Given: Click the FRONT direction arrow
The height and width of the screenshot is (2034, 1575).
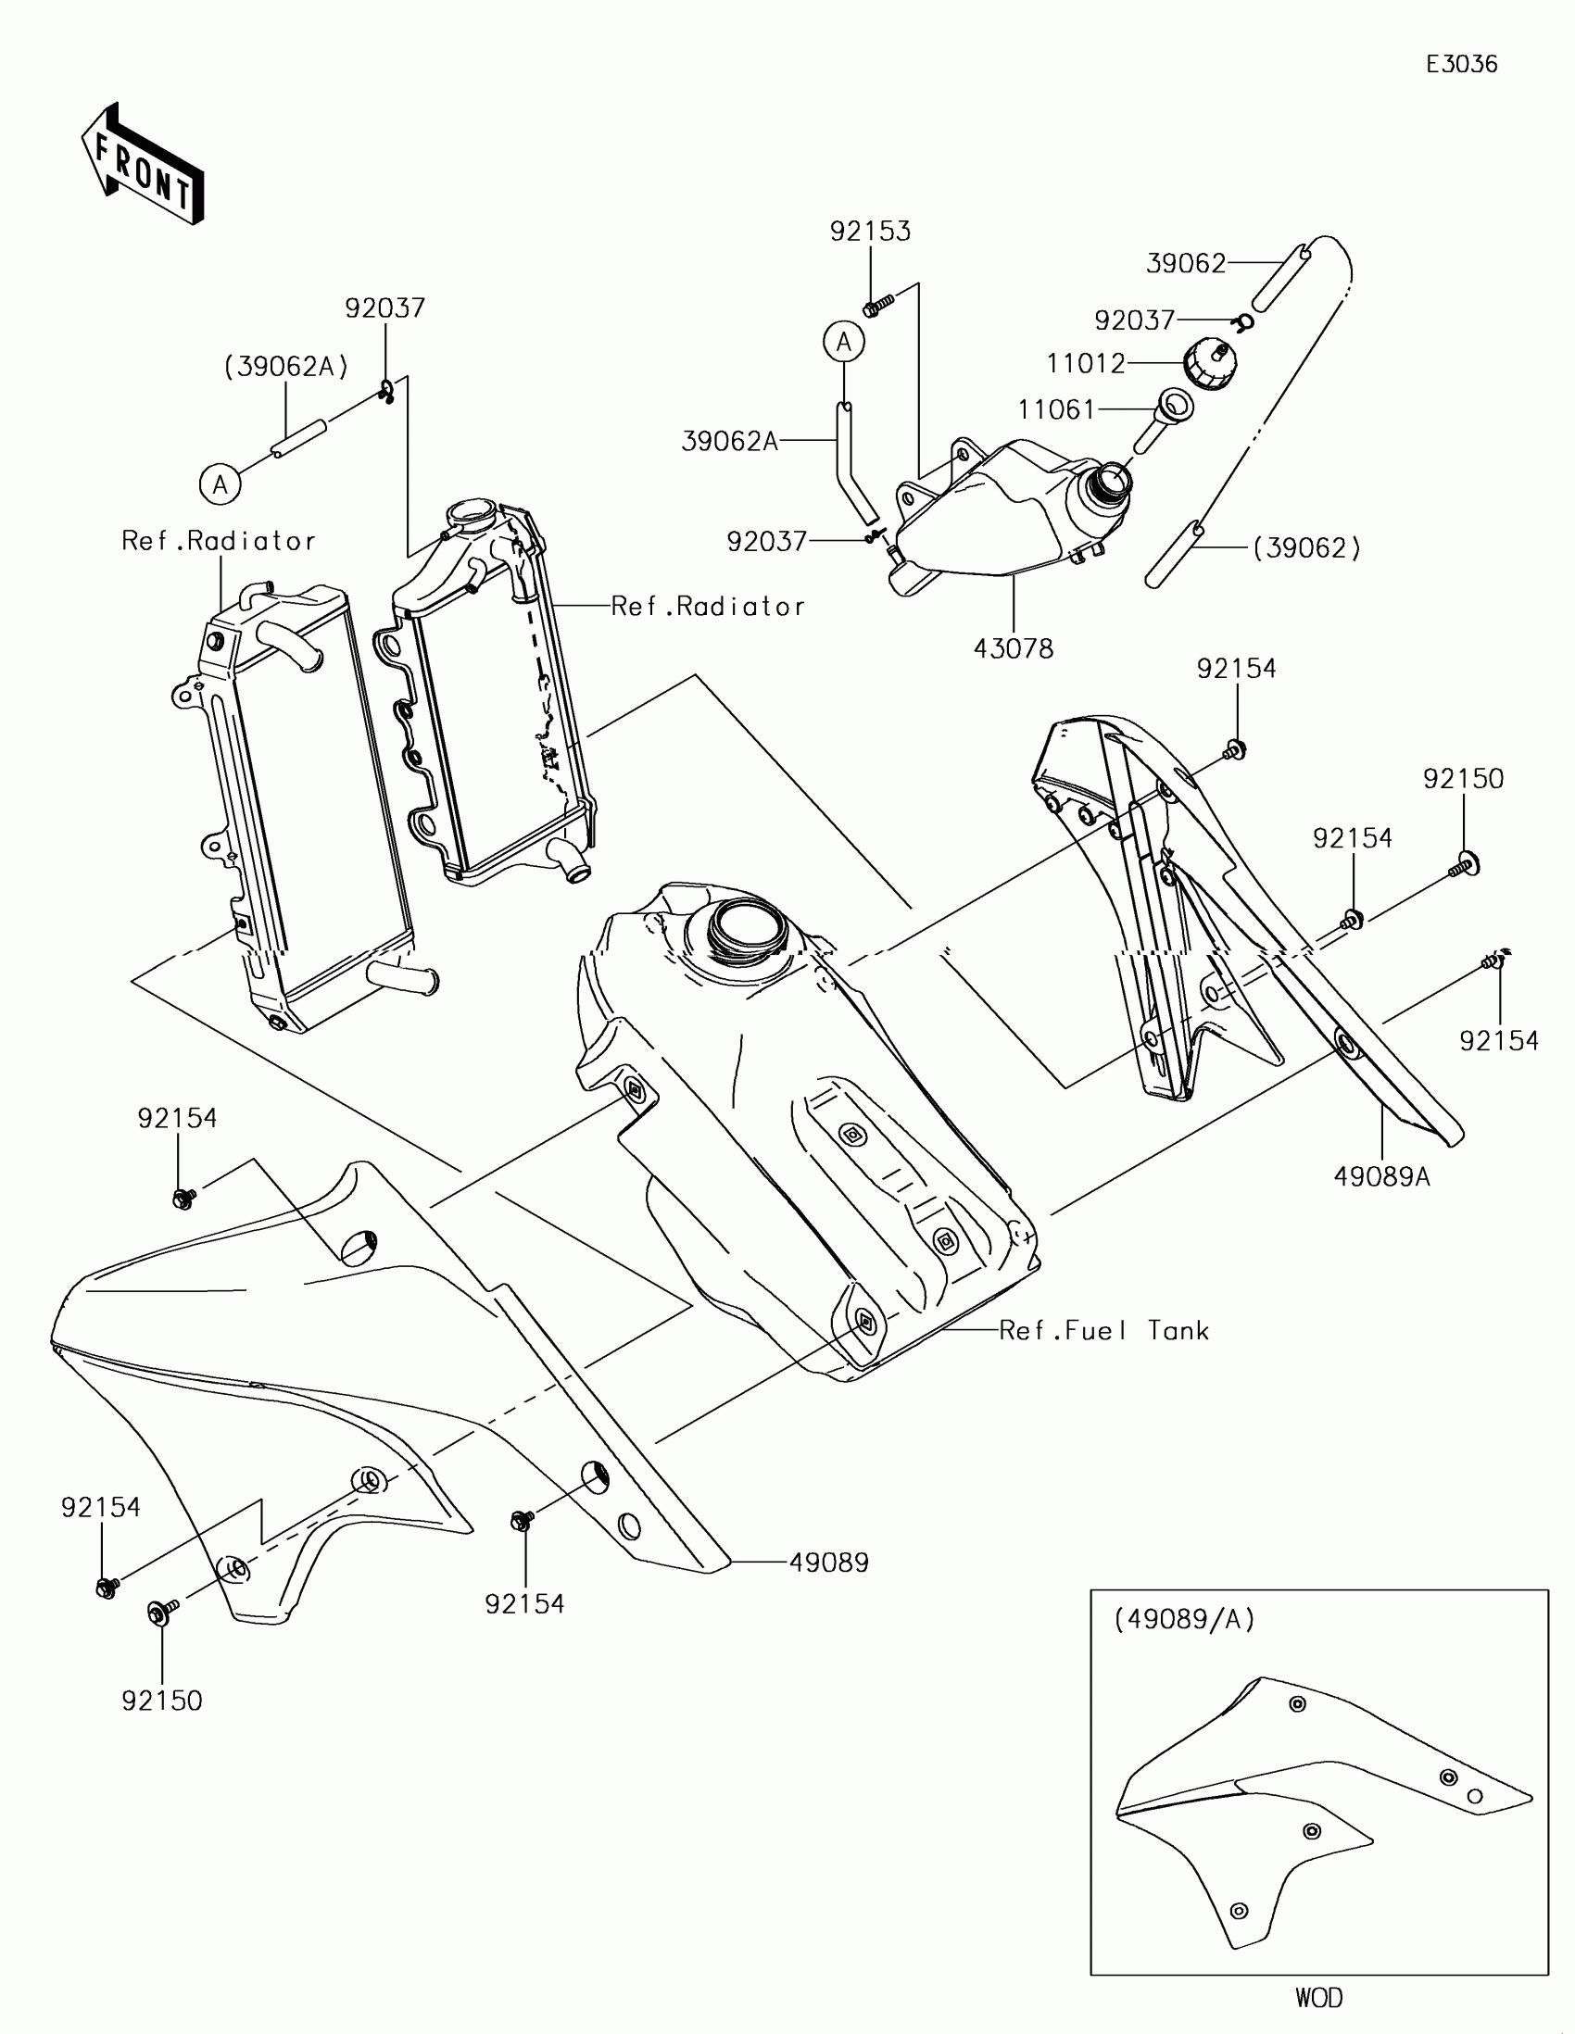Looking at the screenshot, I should (143, 165).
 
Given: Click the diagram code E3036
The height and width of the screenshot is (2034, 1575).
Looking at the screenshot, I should (1461, 64).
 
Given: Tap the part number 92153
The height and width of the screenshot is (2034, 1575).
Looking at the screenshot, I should (870, 232).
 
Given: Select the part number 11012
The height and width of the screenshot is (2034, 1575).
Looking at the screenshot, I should (1085, 363).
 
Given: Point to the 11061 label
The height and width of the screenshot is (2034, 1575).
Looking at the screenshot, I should (1056, 409).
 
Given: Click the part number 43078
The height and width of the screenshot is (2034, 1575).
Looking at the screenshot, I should (1013, 648).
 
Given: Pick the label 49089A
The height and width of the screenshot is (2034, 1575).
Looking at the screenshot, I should (1381, 1177).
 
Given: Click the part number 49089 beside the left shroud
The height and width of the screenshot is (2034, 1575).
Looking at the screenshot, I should (828, 1563).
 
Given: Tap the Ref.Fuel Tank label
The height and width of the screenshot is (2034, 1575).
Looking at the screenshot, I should (1103, 1331).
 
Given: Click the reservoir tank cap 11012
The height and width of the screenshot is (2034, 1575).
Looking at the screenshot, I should (1210, 363).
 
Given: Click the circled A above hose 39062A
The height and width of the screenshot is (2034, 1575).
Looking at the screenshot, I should (843, 343).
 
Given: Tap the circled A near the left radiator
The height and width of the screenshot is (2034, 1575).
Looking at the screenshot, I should (220, 484).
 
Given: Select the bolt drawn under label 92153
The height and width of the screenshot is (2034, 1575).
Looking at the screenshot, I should (877, 305).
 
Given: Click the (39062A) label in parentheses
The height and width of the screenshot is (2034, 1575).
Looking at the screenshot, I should (286, 367).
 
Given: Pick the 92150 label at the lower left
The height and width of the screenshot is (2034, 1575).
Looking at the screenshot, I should (162, 1701).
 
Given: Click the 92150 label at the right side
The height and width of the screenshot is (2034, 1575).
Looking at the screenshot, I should (1462, 780).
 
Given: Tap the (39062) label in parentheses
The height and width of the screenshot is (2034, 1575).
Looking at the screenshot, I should (1305, 548).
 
